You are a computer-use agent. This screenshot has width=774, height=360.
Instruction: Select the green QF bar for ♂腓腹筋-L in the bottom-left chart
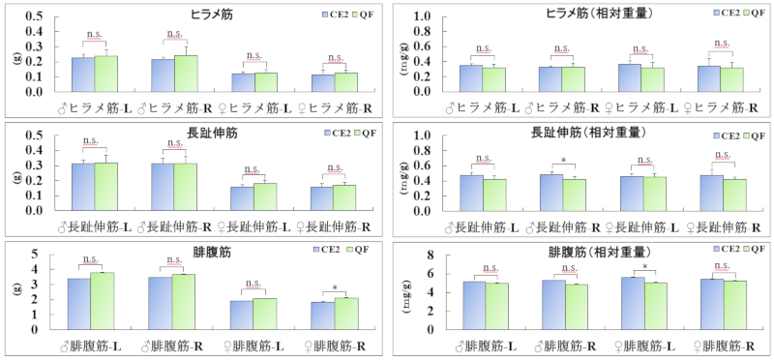[x=102, y=301]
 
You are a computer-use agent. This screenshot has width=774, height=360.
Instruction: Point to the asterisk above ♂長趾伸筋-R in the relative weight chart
[x=563, y=162]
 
